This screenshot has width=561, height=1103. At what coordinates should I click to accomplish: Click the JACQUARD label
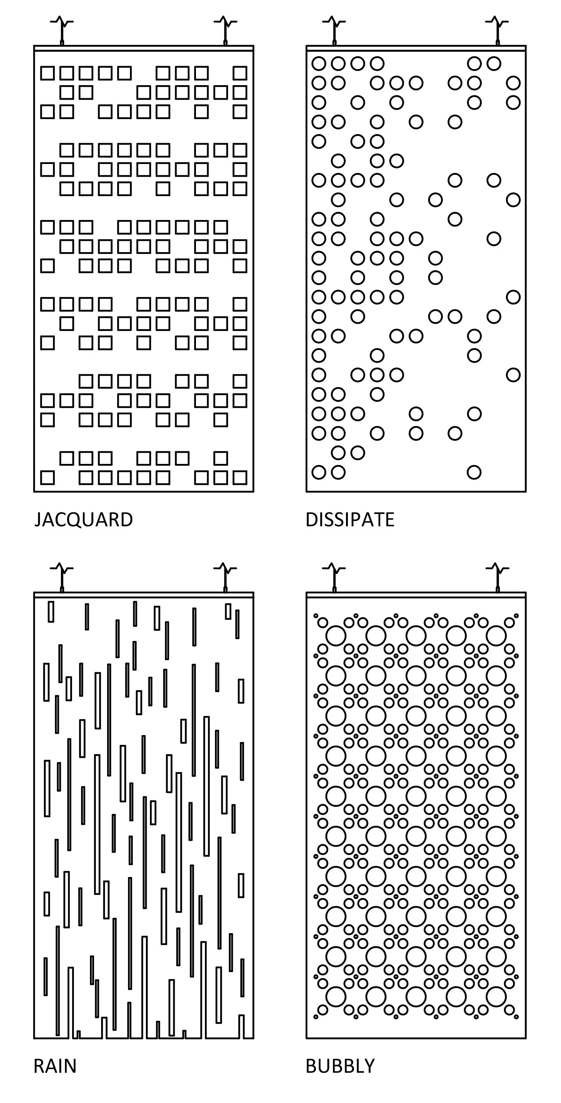(84, 520)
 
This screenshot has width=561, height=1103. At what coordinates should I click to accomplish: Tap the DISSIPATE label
(350, 520)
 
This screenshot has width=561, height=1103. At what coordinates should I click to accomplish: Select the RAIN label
(55, 1066)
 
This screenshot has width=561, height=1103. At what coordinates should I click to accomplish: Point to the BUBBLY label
(340, 1066)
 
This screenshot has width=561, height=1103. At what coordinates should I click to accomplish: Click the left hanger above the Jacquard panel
(62, 30)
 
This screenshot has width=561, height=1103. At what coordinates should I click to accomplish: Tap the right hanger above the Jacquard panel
(225, 30)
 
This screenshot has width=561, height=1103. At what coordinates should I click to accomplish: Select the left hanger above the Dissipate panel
(334, 30)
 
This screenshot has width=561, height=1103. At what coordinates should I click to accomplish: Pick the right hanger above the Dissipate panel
(497, 30)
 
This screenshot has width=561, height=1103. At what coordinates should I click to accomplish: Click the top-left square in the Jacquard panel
(47, 73)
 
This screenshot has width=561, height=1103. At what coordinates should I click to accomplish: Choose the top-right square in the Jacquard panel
(240, 73)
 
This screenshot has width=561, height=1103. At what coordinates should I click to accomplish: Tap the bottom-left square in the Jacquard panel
(47, 477)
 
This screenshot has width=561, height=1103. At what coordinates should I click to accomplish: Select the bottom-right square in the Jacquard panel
(240, 477)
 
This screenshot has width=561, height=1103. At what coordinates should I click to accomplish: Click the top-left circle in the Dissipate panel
(319, 63)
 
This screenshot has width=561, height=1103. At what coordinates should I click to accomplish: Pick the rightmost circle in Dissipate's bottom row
(474, 472)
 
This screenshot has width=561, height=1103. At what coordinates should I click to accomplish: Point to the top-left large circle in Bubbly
(336, 636)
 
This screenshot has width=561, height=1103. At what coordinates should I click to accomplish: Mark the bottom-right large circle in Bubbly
(496, 997)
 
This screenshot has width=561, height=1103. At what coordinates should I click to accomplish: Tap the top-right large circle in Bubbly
(496, 636)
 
